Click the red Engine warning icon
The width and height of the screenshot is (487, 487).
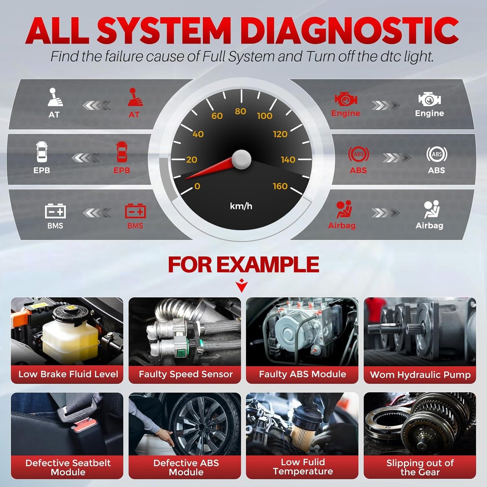(x=345, y=99)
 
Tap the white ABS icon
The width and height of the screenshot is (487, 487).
(x=436, y=154)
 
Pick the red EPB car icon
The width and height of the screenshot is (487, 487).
(x=122, y=152)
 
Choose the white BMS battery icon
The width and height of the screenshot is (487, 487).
(x=55, y=211)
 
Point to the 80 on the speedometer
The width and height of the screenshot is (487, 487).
(x=240, y=111)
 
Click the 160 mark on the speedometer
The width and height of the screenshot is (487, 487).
(x=280, y=186)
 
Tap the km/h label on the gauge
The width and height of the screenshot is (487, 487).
(x=241, y=206)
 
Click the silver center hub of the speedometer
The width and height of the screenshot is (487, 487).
(x=241, y=159)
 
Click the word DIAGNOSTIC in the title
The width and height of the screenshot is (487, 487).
(x=349, y=31)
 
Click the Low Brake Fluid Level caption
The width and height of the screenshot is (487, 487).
(x=68, y=374)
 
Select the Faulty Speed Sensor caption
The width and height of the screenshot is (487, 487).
(x=185, y=374)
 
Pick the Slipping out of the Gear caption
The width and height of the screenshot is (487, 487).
(x=420, y=467)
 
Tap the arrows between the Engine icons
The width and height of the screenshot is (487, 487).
(x=386, y=105)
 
